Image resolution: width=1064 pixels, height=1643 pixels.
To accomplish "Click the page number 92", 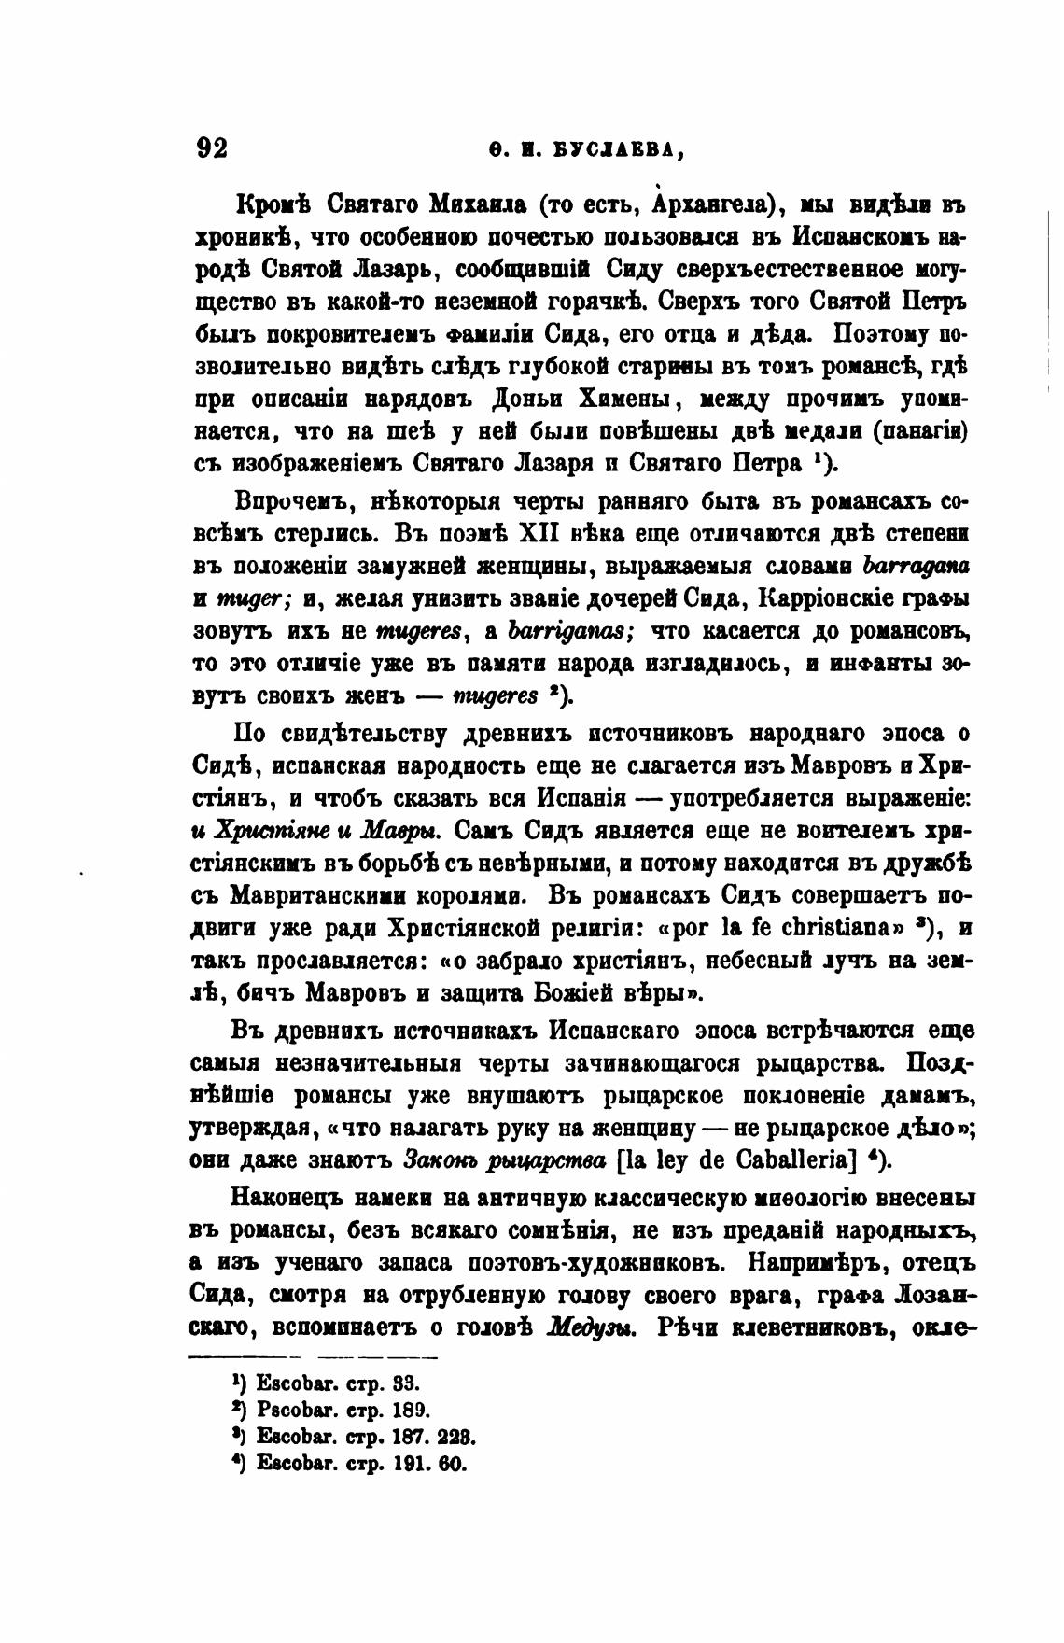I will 212,148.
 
